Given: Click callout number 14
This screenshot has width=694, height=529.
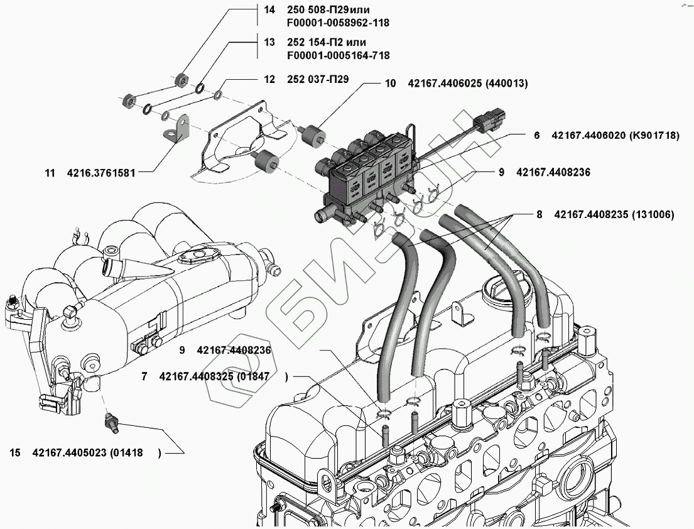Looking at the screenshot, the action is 269,9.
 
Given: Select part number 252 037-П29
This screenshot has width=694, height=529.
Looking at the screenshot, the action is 318,79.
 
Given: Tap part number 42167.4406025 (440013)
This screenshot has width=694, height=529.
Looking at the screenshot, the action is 468,83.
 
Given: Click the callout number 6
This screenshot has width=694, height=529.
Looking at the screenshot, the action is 537,136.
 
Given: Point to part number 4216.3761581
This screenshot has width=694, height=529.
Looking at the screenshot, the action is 101,173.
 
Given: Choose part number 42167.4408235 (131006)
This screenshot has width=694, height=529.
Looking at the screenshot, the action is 614,215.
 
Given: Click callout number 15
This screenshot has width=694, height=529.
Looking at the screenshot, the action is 15,453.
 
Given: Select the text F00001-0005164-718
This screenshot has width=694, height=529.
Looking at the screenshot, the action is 339,55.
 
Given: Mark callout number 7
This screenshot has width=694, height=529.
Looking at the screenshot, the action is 144,377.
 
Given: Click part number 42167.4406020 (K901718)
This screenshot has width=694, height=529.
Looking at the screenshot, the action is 615,136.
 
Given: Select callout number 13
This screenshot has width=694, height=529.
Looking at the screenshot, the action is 269,43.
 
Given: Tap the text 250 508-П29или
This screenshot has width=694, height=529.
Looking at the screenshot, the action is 328,10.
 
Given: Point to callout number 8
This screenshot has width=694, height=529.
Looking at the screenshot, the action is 539,215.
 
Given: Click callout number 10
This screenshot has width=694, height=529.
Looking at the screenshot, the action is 391,83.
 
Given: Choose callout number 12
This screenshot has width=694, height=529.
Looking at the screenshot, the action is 269,79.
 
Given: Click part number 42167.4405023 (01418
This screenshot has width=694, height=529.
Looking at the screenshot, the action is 88,453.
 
